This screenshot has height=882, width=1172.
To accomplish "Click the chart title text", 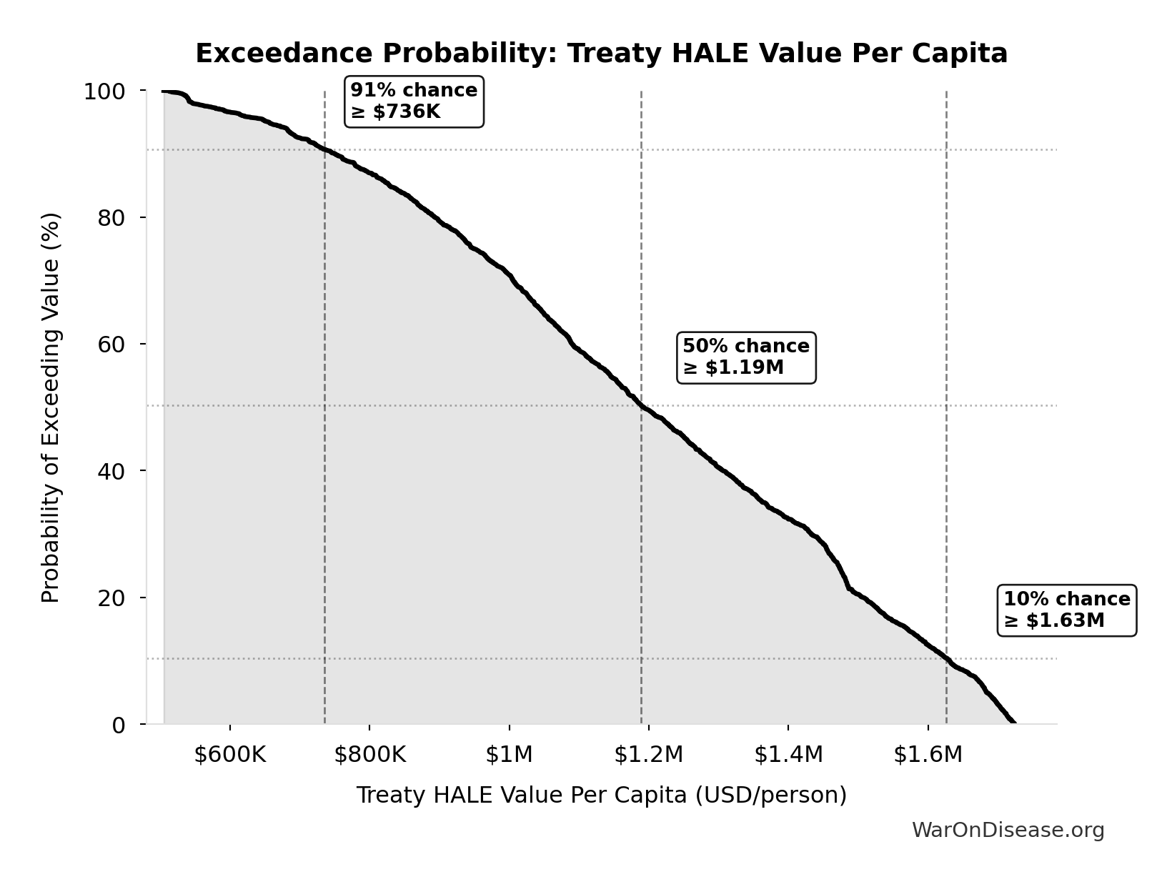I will point(601,54).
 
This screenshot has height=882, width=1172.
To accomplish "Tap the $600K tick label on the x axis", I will point(229,755).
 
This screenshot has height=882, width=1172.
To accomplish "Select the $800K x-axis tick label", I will point(369,755).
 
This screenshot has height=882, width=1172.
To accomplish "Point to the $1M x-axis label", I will point(509,755).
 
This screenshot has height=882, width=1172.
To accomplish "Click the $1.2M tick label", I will point(648,755).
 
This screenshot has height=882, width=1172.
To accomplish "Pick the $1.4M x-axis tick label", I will point(788,755).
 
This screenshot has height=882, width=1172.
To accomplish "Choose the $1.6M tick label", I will point(928,755).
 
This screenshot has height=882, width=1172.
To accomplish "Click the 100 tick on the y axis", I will point(104,91).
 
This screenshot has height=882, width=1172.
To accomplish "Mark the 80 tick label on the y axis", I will point(111,218).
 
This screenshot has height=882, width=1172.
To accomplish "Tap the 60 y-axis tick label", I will point(111,345).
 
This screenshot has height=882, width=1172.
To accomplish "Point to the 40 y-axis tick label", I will point(111,471).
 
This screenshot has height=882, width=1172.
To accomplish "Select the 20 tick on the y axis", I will point(111,598).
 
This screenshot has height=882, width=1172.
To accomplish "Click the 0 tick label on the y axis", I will point(119,725).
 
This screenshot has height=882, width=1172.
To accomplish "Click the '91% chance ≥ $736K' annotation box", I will point(414,101).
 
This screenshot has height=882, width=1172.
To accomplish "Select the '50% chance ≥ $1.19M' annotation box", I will point(746,357).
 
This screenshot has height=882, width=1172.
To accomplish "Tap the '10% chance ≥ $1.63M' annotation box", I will point(1066,610).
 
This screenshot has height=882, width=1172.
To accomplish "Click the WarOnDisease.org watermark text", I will point(1008,831).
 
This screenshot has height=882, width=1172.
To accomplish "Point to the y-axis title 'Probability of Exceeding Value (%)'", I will point(51,407).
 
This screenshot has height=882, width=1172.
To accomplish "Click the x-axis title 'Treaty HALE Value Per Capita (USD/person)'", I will point(601,795).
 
